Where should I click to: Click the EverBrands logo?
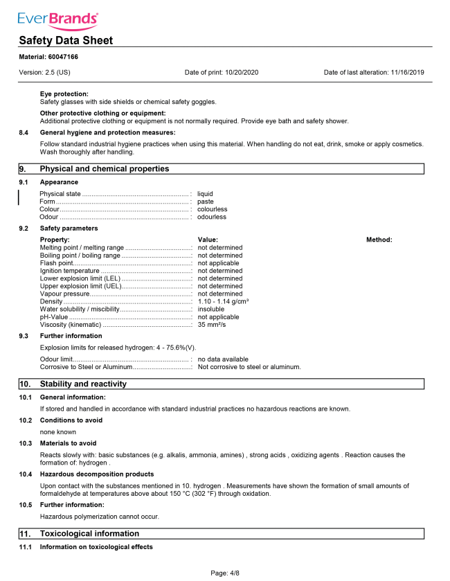pyautogui.click(x=57, y=19)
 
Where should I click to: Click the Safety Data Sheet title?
pyautogui.click(x=66, y=40)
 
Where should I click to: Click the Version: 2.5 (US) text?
pyautogui.click(x=44, y=72)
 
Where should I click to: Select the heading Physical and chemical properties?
pyautogui.click(x=105, y=168)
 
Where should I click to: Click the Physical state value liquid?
pyautogui.click(x=205, y=194)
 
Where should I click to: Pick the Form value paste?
pyautogui.click(x=206, y=202)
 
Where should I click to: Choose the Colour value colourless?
pyautogui.click(x=212, y=209)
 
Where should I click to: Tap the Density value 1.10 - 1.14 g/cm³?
pyautogui.click(x=223, y=301)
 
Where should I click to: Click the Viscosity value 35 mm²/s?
pyautogui.click(x=212, y=324)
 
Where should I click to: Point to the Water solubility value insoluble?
pyautogui.click(x=211, y=309)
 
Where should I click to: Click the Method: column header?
pyautogui.click(x=379, y=240)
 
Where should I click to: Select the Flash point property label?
pyautogui.click(x=57, y=263)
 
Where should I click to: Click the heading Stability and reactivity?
pyautogui.click(x=83, y=384)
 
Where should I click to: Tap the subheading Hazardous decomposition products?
pyautogui.click(x=97, y=474)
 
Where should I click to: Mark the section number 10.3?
pyautogui.click(x=26, y=443)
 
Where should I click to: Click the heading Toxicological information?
pyautogui.click(x=89, y=533)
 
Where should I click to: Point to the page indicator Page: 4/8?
pyautogui.click(x=225, y=573)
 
